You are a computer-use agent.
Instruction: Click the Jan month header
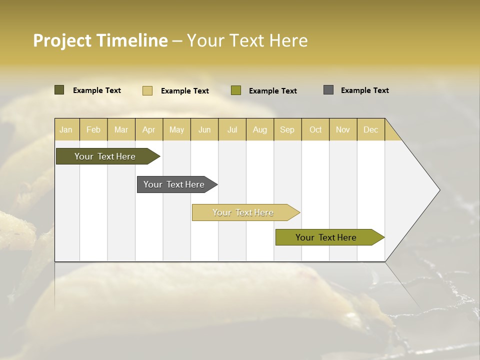66,129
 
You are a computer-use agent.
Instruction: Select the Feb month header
93,129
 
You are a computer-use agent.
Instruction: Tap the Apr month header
149,129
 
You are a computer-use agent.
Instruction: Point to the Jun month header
204,129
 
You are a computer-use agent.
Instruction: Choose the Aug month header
260,129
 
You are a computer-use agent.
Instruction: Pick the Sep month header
287,129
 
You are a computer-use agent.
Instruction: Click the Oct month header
315,129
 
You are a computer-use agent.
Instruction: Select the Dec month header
371,129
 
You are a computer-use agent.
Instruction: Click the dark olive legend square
59,90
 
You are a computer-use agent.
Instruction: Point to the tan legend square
147,90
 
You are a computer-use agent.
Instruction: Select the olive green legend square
236,90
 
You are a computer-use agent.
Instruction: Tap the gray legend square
328,90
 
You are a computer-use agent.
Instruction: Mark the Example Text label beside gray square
364,90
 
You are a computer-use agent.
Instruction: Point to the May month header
176,129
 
